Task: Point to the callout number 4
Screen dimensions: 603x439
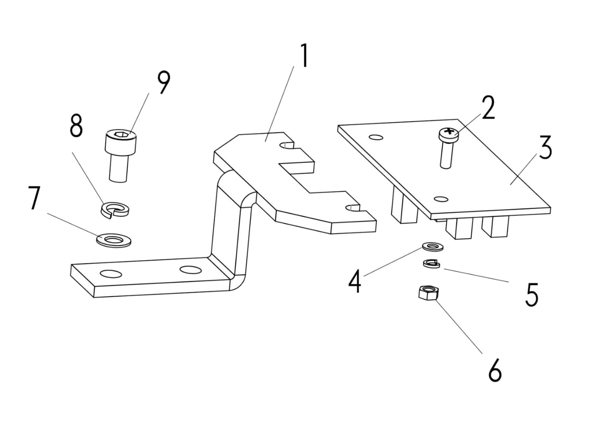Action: tap(355, 281)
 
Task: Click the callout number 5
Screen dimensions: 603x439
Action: tap(532, 294)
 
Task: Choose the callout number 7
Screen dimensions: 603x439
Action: tap(34, 198)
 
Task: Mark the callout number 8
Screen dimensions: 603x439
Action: tap(76, 126)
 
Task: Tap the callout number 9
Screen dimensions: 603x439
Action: tap(164, 83)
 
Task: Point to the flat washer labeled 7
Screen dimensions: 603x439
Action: tap(113, 239)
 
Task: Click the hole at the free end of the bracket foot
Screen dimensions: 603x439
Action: tap(111, 274)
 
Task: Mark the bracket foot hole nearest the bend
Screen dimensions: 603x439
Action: tap(190, 269)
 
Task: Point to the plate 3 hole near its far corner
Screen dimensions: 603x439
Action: tap(376, 138)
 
